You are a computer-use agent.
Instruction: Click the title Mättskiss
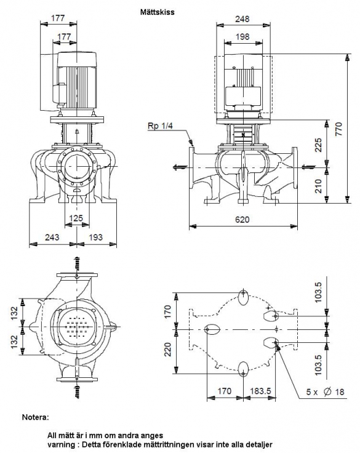(x=157, y=12)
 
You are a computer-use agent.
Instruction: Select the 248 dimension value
(x=242, y=19)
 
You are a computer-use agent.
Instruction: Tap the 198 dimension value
(x=242, y=37)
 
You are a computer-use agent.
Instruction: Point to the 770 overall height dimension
(x=340, y=129)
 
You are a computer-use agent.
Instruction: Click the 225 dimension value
(x=318, y=145)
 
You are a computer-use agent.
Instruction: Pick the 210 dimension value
(x=318, y=186)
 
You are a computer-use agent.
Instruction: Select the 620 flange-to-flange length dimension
(x=242, y=220)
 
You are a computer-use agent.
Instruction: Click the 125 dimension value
(x=76, y=218)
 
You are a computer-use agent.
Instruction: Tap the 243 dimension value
(x=52, y=237)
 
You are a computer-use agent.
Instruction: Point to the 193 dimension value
(x=95, y=237)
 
